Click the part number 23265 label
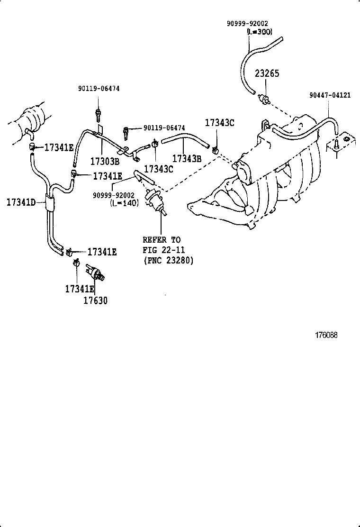pyautogui.click(x=267, y=73)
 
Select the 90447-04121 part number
pyautogui.click(x=330, y=95)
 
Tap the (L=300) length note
pyautogui.click(x=259, y=32)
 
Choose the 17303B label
pyautogui.click(x=104, y=160)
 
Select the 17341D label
pyautogui.click(x=21, y=202)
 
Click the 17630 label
pyautogui.click(x=95, y=300)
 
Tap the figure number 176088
pyautogui.click(x=326, y=335)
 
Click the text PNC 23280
pyautogui.click(x=168, y=261)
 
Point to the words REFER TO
pyautogui.click(x=162, y=240)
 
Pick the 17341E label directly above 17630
pyautogui.click(x=80, y=289)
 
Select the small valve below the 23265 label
pyautogui.click(x=265, y=99)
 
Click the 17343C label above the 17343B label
pyautogui.click(x=219, y=123)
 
